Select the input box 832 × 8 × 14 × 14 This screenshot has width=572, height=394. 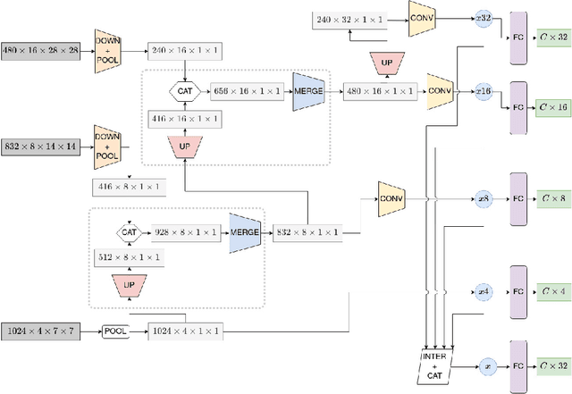point(42,146)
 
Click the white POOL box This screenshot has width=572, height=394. point(115,331)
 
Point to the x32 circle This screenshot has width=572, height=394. point(484,18)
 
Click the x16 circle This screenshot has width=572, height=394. point(484,90)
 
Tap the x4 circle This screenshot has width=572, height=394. point(484,290)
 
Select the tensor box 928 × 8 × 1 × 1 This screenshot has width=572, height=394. point(185,231)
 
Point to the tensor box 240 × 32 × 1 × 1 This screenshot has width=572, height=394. point(350,18)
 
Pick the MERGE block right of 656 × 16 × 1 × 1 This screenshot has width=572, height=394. point(307,91)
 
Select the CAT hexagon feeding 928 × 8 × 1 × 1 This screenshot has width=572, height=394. point(129,231)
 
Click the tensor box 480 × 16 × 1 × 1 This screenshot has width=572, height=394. point(378,90)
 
